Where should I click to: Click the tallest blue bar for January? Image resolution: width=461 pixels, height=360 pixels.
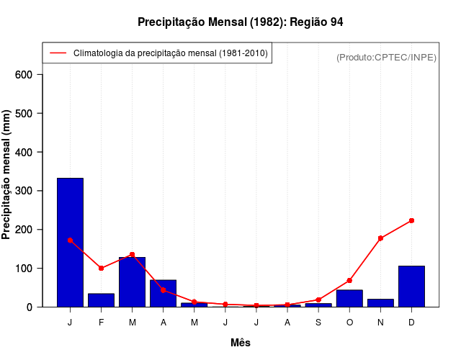click(x=70, y=242)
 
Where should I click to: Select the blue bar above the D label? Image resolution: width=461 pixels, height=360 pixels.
click(x=411, y=286)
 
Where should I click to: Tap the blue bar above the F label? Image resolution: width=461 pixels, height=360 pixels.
click(x=101, y=300)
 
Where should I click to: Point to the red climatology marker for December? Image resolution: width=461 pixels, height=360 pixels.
click(x=411, y=220)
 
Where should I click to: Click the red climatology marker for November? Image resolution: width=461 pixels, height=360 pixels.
click(x=380, y=238)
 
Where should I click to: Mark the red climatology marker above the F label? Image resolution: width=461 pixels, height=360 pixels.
click(x=101, y=268)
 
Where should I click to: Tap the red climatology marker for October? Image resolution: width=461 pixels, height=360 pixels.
click(x=349, y=280)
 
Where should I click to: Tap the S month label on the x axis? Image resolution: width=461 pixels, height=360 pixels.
click(x=318, y=322)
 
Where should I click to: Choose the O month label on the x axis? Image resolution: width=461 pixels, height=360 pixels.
click(x=349, y=322)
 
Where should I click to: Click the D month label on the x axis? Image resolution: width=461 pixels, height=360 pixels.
click(x=411, y=322)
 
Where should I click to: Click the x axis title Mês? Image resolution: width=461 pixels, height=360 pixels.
click(x=241, y=343)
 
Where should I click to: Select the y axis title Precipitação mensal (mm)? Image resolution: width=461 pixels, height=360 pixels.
click(x=7, y=179)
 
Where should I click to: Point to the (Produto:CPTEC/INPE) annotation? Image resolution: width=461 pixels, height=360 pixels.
click(x=386, y=57)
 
